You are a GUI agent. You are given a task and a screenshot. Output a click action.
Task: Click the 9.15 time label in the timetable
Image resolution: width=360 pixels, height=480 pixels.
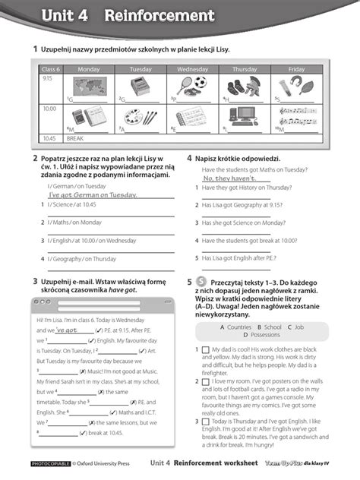(x=47, y=78)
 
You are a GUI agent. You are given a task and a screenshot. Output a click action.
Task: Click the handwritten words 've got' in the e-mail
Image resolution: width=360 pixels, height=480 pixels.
(x=67, y=331)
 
